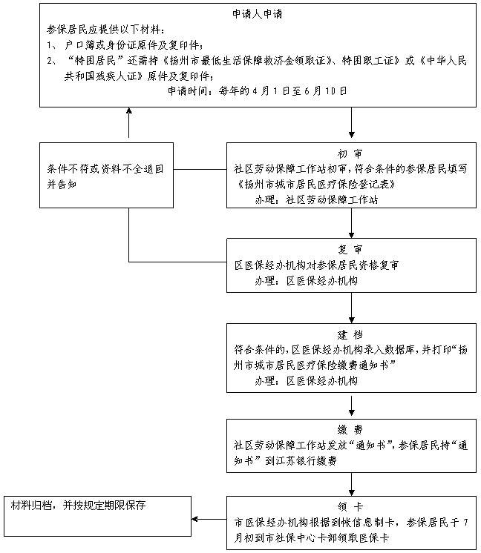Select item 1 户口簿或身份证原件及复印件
(x=134, y=46)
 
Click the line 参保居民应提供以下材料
(x=109, y=30)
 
